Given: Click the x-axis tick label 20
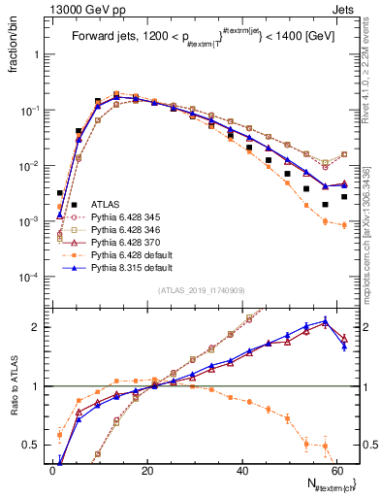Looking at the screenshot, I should (147, 470).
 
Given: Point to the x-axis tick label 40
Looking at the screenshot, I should (242, 470).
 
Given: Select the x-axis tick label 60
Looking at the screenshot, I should (337, 470).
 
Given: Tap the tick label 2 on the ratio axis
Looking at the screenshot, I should (39, 327).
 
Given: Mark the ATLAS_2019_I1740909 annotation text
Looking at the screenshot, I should (198, 290).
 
